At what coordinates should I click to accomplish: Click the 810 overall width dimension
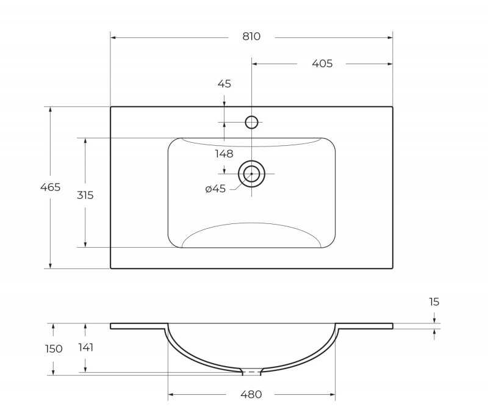[251, 37]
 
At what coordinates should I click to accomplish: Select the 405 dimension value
[322, 63]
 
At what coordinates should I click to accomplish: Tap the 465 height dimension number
[51, 187]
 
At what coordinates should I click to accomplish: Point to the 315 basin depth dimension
[85, 195]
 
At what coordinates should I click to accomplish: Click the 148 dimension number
[224, 154]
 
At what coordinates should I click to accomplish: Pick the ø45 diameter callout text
[215, 189]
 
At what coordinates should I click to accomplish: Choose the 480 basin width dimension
[251, 394]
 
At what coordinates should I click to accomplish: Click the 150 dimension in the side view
[54, 348]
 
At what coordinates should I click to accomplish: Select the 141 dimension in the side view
[86, 347]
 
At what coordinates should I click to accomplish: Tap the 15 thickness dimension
[434, 301]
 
